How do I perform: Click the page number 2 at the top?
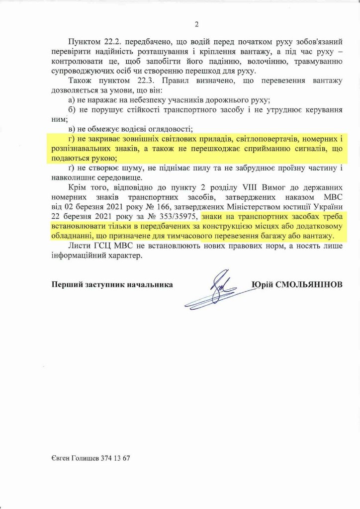pyautogui.click(x=196, y=23)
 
